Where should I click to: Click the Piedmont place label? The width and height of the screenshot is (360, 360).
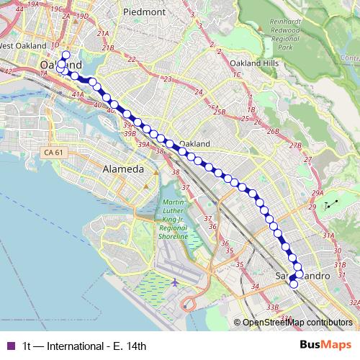pyautogui.click(x=144, y=12)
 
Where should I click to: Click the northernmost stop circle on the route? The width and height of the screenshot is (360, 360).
pyautogui.click(x=66, y=55)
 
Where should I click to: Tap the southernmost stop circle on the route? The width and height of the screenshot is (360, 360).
pyautogui.click(x=293, y=284)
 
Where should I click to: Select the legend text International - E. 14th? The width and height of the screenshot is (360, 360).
pyautogui.click(x=84, y=346)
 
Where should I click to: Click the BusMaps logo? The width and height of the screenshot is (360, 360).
pyautogui.click(x=325, y=345)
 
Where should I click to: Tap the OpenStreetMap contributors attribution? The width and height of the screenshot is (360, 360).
pyautogui.click(x=297, y=322)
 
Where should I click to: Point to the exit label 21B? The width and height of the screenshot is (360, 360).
pyautogui.click(x=108, y=48)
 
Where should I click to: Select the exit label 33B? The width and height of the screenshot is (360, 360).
pyautogui.click(x=272, y=307)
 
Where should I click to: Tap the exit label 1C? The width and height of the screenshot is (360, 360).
pyautogui.click(x=235, y=74)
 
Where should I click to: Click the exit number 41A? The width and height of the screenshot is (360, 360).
pyautogui.click(x=78, y=94)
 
